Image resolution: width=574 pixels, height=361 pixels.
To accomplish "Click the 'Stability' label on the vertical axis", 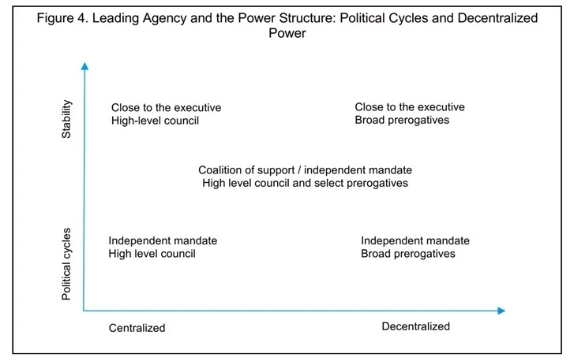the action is click(x=66, y=119).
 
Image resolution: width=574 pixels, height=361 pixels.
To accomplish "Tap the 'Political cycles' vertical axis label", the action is click(x=66, y=264).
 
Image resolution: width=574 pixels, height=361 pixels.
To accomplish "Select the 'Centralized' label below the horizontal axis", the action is click(x=137, y=328).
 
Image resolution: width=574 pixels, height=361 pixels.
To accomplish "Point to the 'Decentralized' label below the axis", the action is click(x=416, y=326).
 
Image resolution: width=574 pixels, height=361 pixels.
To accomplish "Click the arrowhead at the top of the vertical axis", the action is click(x=84, y=66).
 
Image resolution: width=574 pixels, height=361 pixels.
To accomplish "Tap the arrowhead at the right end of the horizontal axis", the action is click(x=501, y=311).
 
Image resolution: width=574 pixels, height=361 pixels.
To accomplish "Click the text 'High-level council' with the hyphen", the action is click(x=156, y=121).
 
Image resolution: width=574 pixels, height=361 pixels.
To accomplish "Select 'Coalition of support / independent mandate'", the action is click(x=305, y=170).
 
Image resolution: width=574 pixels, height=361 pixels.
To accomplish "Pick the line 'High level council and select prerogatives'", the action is click(x=305, y=183).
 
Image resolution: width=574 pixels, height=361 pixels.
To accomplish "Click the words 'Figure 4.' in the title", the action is click(x=62, y=18).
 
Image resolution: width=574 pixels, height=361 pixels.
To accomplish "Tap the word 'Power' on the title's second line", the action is click(x=287, y=33).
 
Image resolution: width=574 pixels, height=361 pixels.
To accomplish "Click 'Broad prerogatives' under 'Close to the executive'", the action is click(x=402, y=120).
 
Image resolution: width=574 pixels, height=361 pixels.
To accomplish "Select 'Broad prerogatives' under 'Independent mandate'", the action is click(x=408, y=254).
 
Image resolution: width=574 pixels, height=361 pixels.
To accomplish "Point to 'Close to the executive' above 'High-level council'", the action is click(x=166, y=107).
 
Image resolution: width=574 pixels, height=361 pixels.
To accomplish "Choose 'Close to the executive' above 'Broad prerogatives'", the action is click(x=410, y=106).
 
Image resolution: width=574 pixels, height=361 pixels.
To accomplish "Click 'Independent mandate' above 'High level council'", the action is click(x=163, y=240).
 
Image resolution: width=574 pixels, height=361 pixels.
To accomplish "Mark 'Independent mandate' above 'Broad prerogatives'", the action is click(x=415, y=240).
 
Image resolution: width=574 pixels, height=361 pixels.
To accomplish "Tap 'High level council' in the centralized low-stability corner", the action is click(x=152, y=254).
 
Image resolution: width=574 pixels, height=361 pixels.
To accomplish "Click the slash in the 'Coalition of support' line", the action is click(x=299, y=170).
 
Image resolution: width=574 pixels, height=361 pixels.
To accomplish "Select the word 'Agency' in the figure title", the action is click(x=164, y=18).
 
